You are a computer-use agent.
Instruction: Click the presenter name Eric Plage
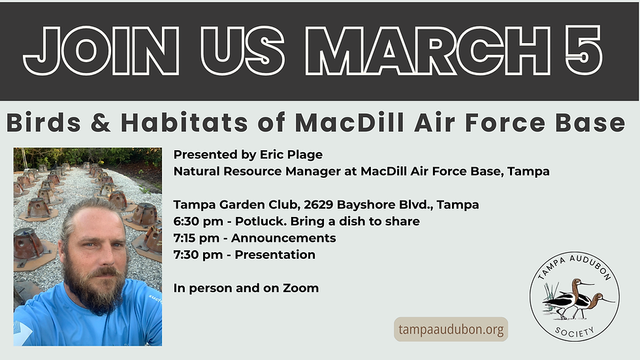[x=292, y=155]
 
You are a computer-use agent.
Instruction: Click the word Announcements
[x=283, y=238]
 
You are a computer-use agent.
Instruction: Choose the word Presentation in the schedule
[x=275, y=255]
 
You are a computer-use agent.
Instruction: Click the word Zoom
[x=300, y=288]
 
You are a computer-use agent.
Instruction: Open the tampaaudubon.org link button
[x=451, y=329]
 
